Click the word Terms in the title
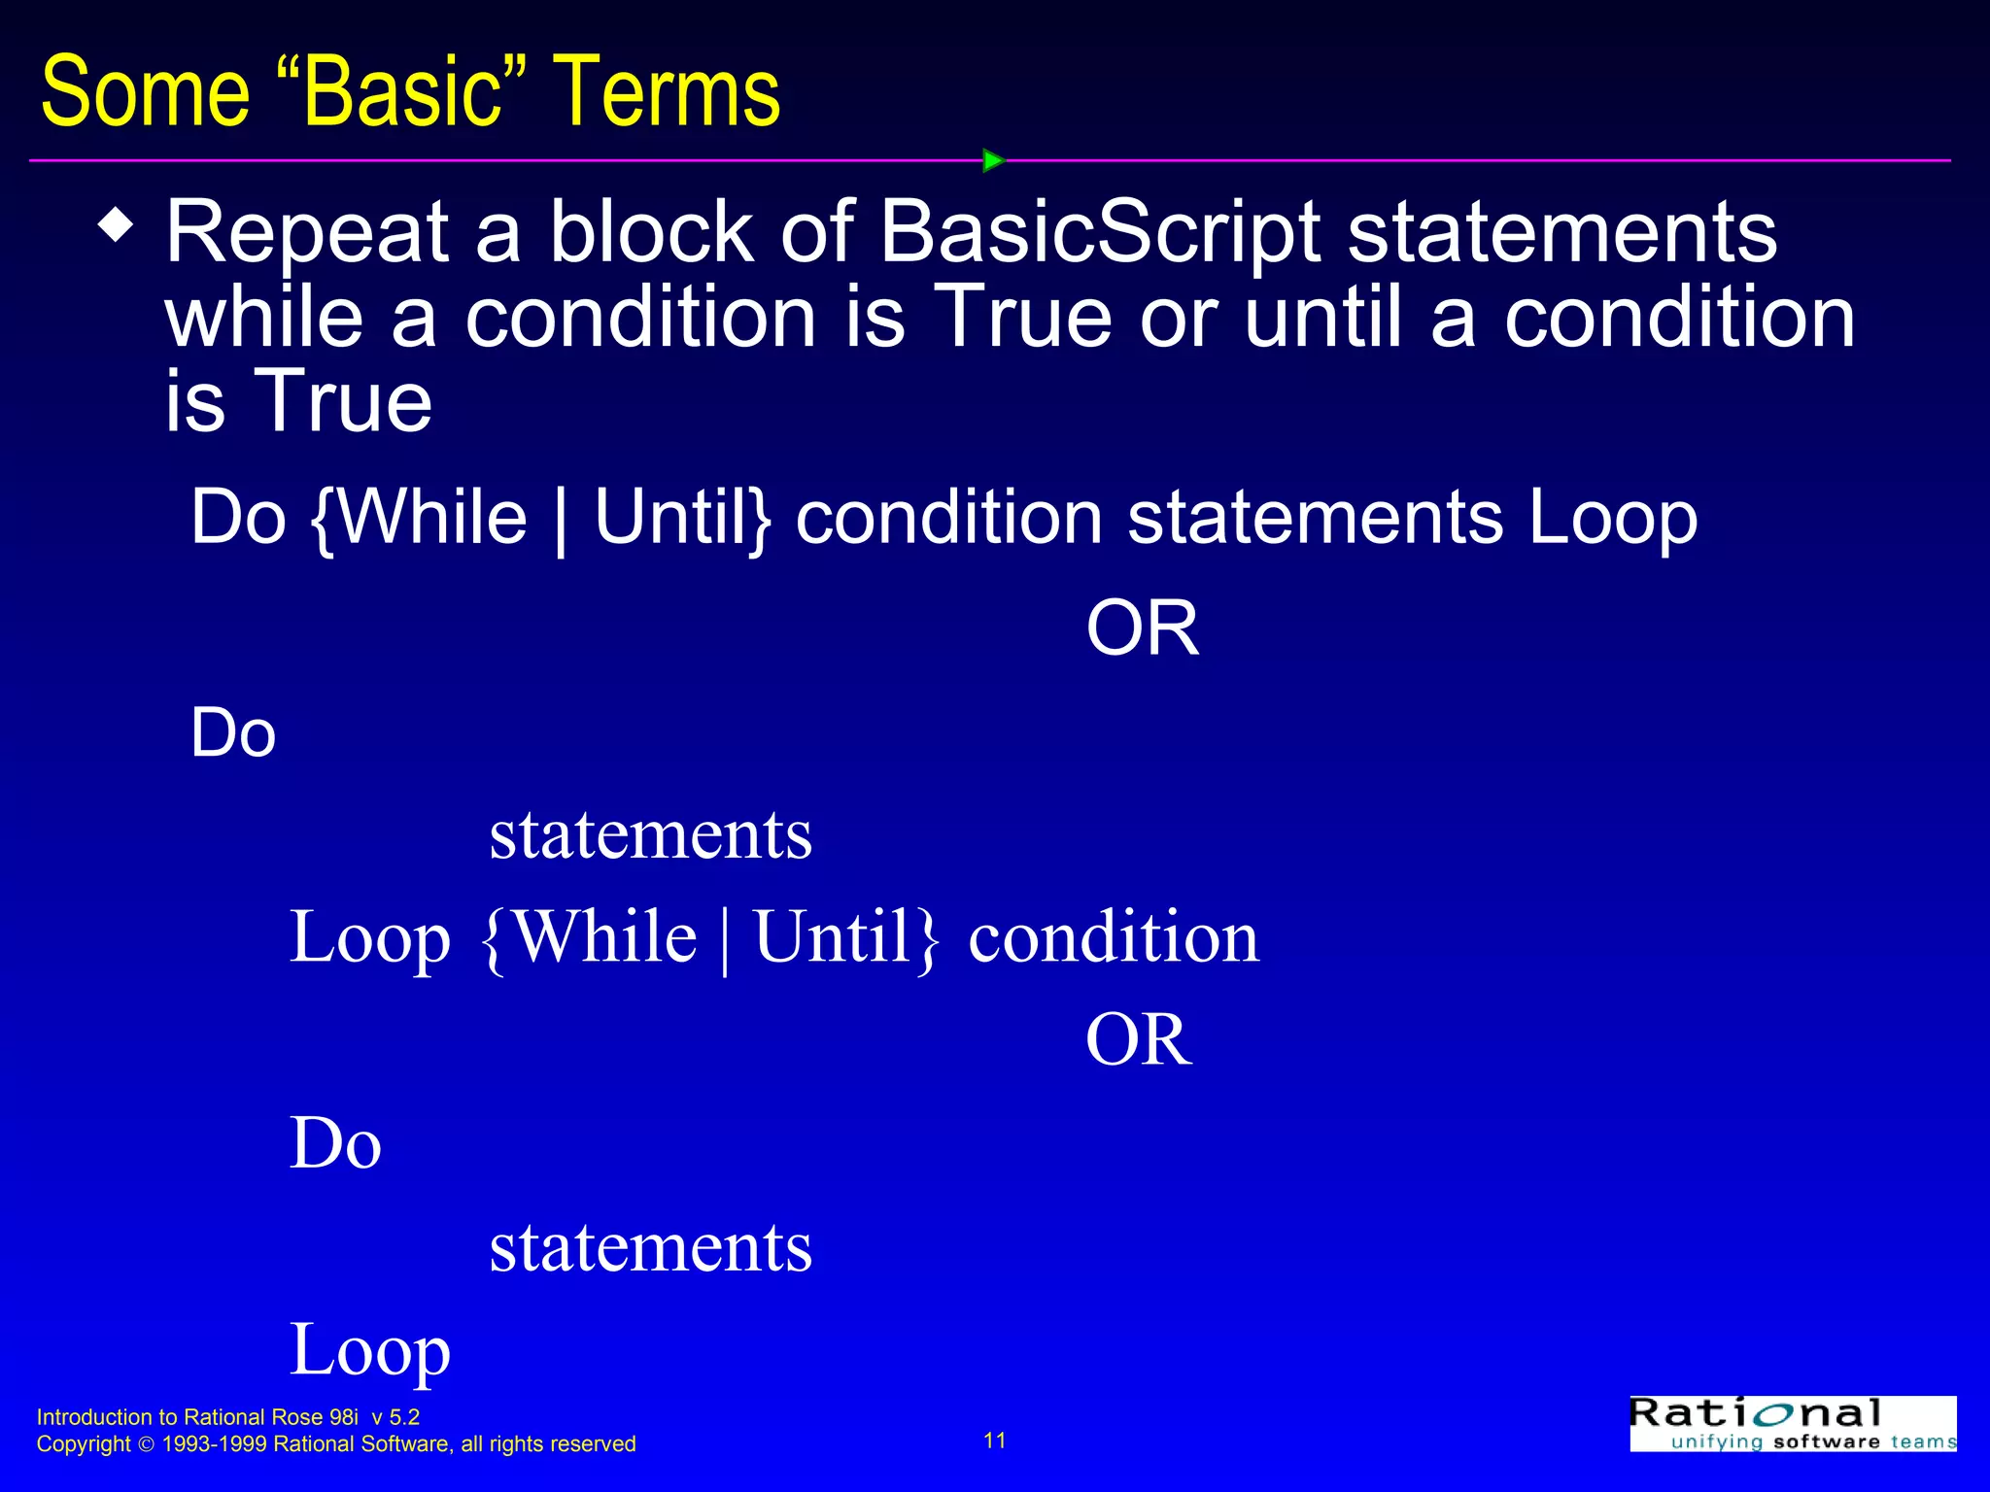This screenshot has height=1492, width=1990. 667,93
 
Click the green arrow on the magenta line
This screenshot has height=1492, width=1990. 992,160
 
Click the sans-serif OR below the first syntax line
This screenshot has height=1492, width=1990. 1142,628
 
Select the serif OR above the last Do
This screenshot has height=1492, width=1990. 1138,1040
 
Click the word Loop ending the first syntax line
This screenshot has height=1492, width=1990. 1612,518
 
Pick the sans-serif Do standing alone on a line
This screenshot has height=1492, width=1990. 233,733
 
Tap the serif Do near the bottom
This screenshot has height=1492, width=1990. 335,1143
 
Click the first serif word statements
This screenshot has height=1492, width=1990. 650,835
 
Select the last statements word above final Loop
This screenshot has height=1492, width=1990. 650,1247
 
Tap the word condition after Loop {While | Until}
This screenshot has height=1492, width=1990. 1114,938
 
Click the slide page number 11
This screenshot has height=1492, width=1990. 995,1441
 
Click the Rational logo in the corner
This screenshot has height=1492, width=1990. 1792,1424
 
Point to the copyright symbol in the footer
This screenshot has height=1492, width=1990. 147,1445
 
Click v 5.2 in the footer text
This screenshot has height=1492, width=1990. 395,1417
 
